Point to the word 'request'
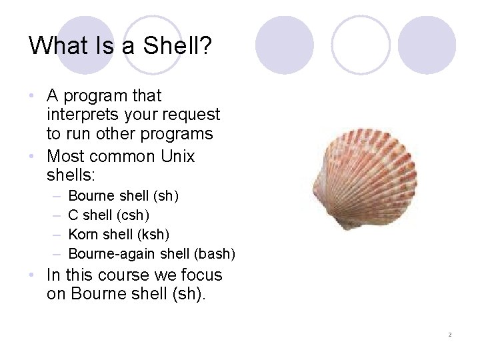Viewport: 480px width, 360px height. (191, 115)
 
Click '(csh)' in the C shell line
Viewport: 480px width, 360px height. (132, 215)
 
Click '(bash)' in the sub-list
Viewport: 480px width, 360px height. (214, 253)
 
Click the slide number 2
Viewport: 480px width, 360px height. (449, 334)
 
